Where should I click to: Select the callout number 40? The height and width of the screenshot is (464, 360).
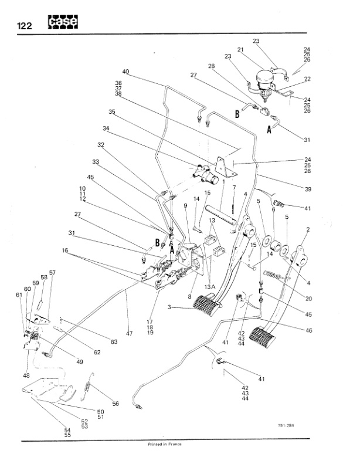[x=125, y=72]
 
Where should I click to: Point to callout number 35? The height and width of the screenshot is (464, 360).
[x=112, y=111]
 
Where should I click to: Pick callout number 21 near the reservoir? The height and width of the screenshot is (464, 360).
[x=240, y=50]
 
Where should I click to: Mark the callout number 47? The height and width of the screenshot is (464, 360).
[x=129, y=333]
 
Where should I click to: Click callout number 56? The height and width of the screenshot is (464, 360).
[x=116, y=404]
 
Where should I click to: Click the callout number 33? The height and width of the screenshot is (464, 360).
[x=95, y=162]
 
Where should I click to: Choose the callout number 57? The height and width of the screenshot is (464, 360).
[x=52, y=273]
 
